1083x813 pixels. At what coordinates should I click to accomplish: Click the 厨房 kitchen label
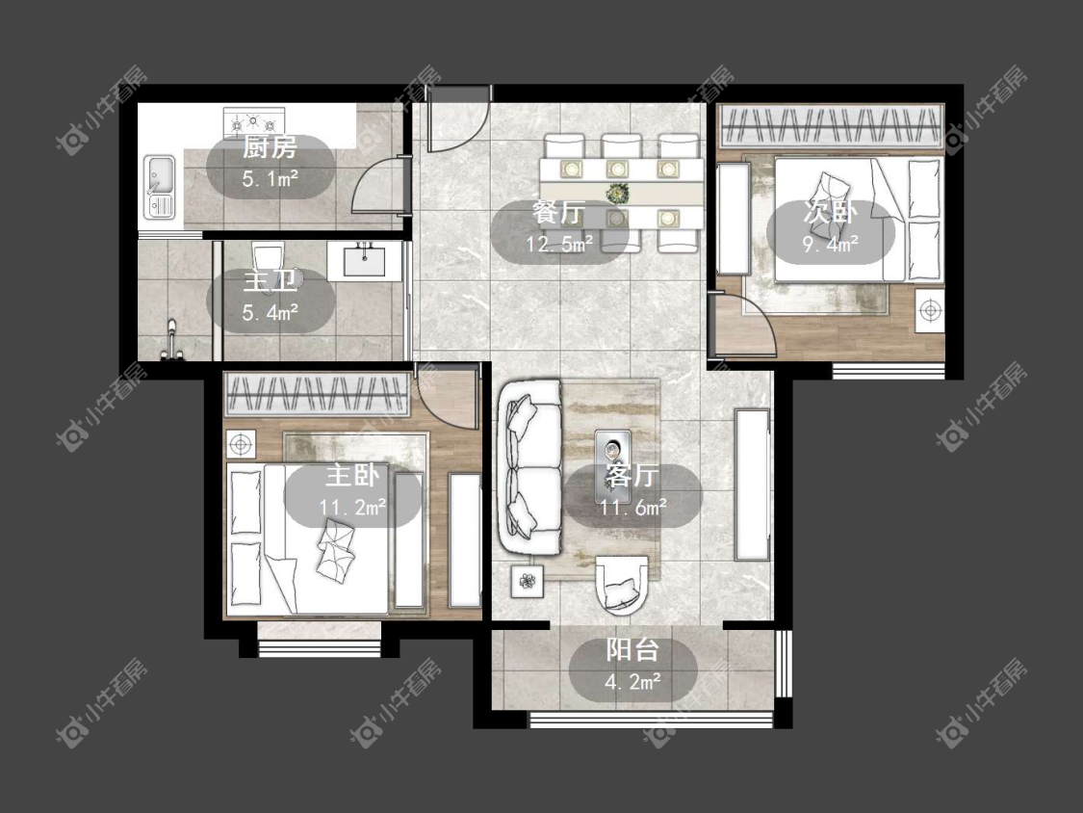[270, 147]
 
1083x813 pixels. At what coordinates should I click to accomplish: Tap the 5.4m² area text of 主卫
[271, 313]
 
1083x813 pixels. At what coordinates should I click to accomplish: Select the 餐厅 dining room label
[558, 212]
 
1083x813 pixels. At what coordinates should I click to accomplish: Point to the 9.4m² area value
[830, 244]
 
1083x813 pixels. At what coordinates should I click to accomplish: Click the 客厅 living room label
[632, 476]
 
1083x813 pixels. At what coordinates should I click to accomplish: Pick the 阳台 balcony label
[632, 650]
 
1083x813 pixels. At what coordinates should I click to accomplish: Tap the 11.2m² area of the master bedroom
[352, 508]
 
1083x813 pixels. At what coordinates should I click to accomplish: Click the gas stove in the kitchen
[254, 123]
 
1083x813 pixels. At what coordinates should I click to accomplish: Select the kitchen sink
[160, 187]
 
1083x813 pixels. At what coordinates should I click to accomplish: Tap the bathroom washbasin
[364, 261]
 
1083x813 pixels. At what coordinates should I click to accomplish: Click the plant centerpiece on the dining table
[617, 193]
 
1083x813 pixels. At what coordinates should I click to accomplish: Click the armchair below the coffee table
[622, 585]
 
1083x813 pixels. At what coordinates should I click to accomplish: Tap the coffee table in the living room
[613, 466]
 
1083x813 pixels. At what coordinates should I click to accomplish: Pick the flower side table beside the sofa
[528, 582]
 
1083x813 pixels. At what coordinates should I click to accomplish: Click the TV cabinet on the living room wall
[752, 485]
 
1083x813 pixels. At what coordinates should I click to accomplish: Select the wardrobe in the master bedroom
[316, 394]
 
